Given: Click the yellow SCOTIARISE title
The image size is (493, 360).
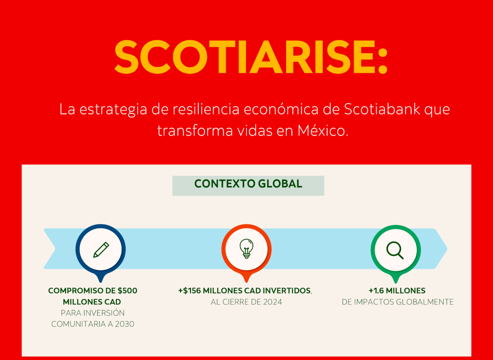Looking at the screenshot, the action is point(251,57).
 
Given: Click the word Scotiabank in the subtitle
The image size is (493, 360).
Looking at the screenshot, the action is point(382,109).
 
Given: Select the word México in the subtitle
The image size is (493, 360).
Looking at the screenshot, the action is point(323,130).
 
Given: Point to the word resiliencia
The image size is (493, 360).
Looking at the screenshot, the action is point(206,109).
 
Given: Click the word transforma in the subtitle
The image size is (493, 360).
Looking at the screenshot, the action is point(195,131).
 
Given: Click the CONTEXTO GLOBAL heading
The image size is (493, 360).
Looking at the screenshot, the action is point(248,184).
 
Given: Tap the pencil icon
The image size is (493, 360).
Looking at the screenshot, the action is point(101,250).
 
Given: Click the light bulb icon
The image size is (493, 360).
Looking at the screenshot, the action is point(246,249).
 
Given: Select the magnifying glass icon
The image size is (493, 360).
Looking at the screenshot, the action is point(395,250).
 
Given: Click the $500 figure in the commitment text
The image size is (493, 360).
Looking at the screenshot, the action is point(127,291).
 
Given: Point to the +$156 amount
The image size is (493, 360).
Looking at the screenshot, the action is point(190,291).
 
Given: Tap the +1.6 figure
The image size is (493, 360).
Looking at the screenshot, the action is point(376,291).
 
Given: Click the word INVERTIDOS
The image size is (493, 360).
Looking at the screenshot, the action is point(287,291).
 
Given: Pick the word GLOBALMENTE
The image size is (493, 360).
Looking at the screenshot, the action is point(425,302).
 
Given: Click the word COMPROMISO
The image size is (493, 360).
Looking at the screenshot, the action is point(76,291).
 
